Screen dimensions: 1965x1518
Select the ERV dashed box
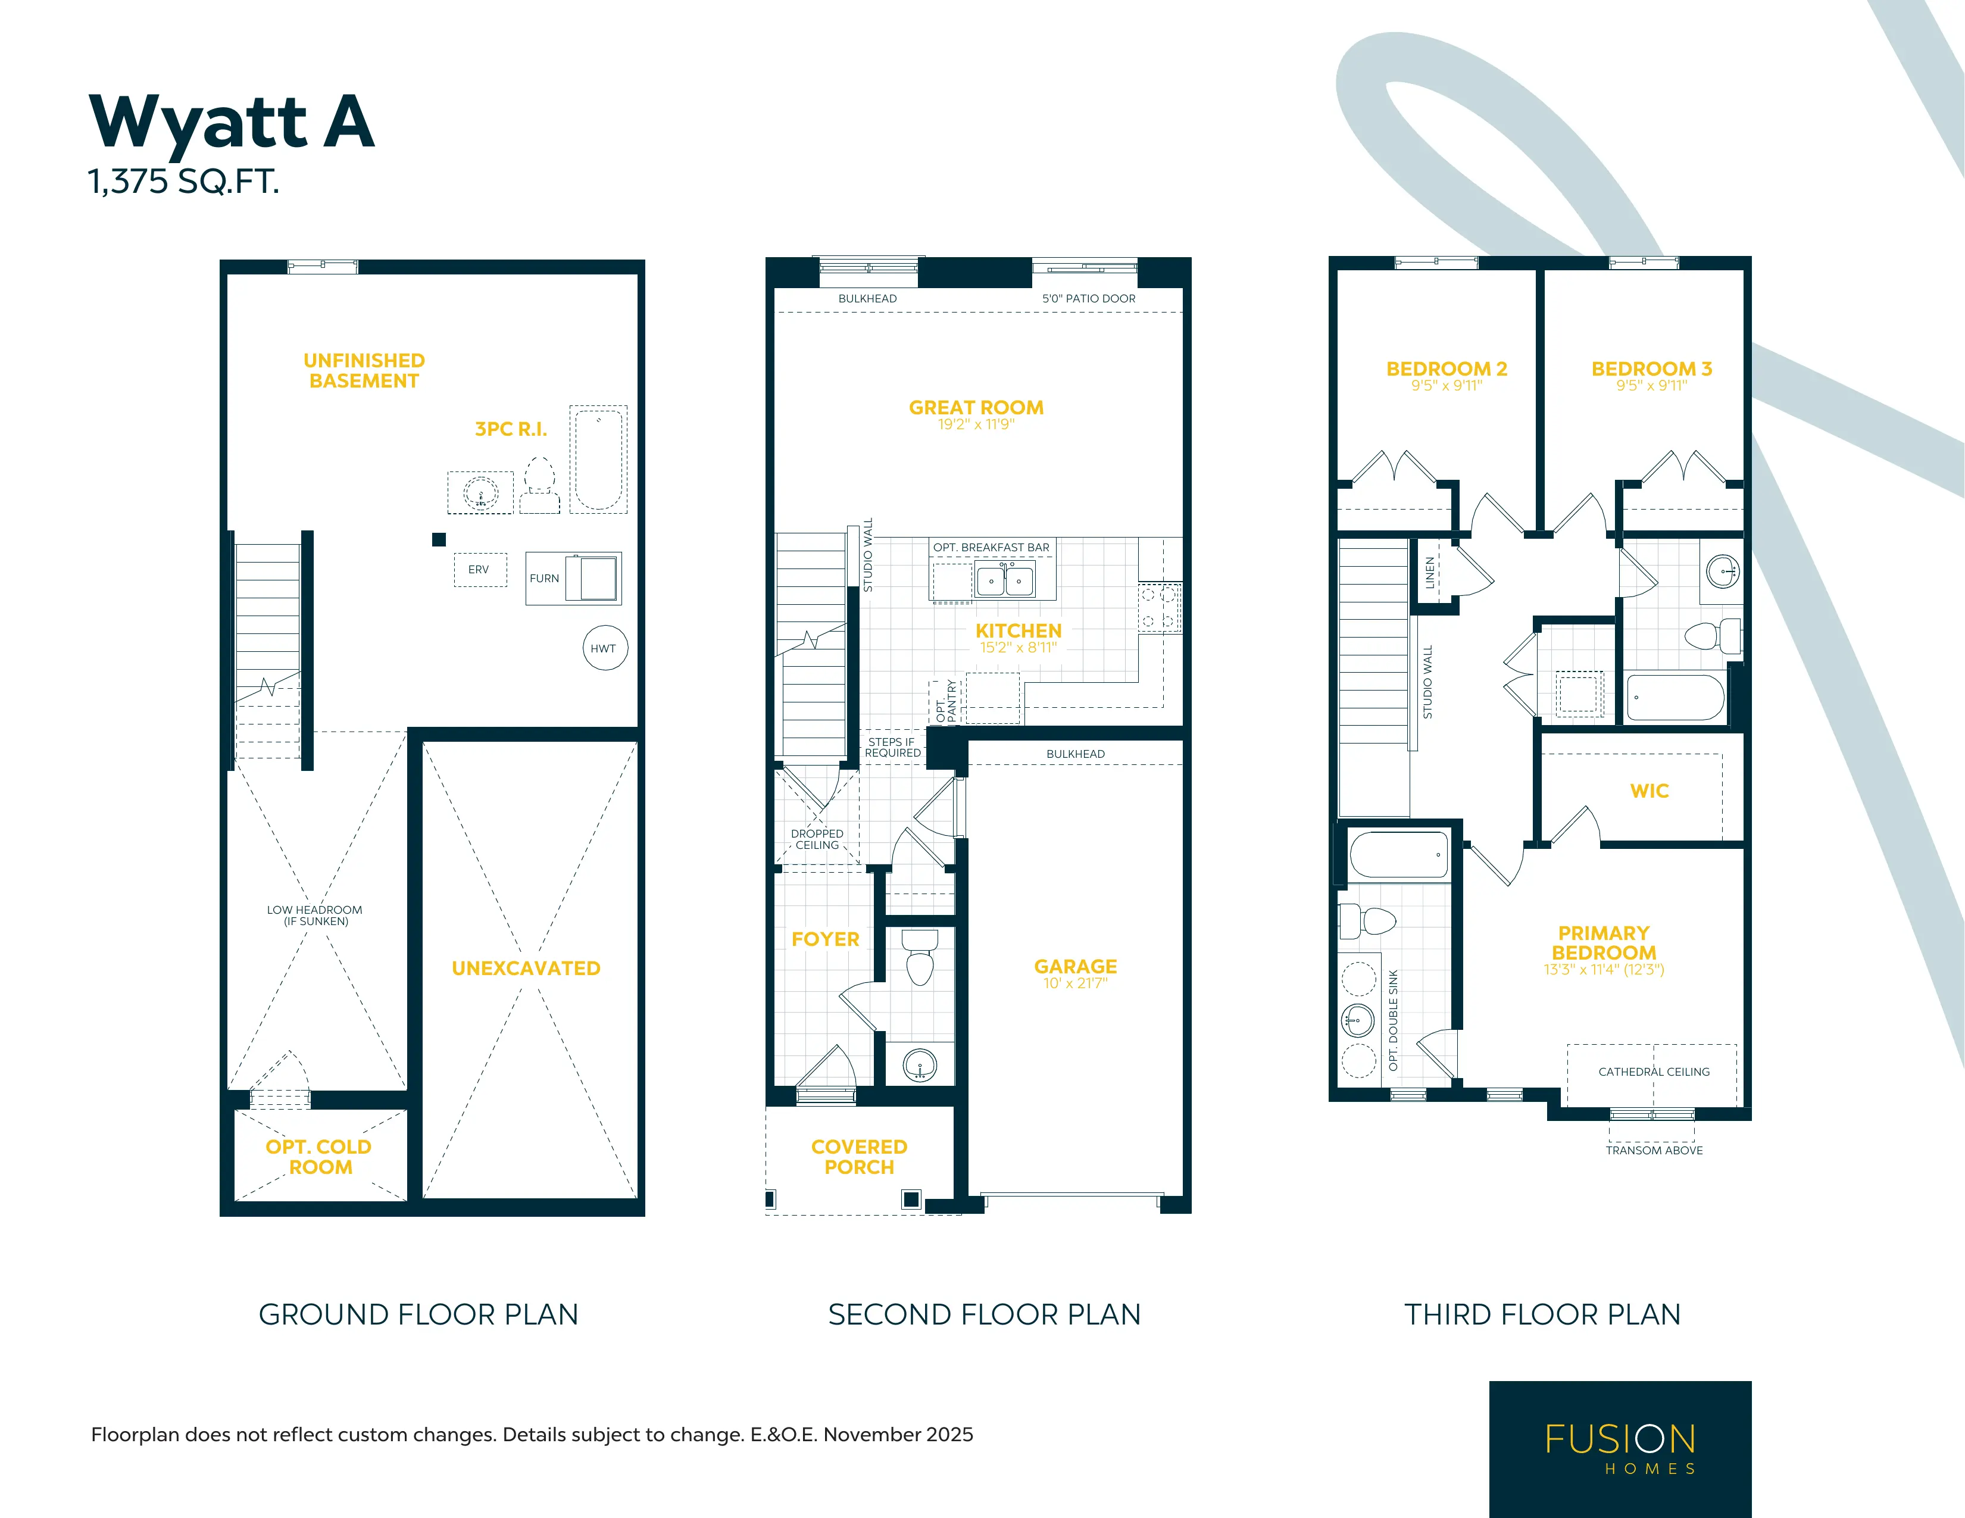480,570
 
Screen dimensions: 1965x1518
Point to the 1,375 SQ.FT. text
183,182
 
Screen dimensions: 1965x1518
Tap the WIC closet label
1649,791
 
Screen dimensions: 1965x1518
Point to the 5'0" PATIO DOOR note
1089,299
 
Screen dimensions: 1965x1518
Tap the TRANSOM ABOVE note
1654,1150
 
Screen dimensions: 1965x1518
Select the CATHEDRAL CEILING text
1654,1072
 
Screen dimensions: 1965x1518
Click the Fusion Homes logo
1620,1449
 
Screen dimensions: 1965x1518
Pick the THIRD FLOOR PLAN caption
1542,1314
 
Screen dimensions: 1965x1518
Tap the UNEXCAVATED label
526,968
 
